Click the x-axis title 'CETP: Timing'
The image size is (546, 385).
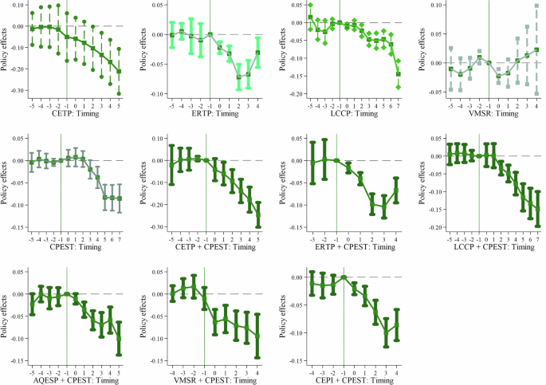coord(69,114)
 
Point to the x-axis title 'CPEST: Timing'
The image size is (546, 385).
coord(69,248)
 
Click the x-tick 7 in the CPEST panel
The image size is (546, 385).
coord(120,238)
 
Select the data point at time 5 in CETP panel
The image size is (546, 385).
coord(120,71)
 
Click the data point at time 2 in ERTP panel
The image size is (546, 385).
coord(238,77)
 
